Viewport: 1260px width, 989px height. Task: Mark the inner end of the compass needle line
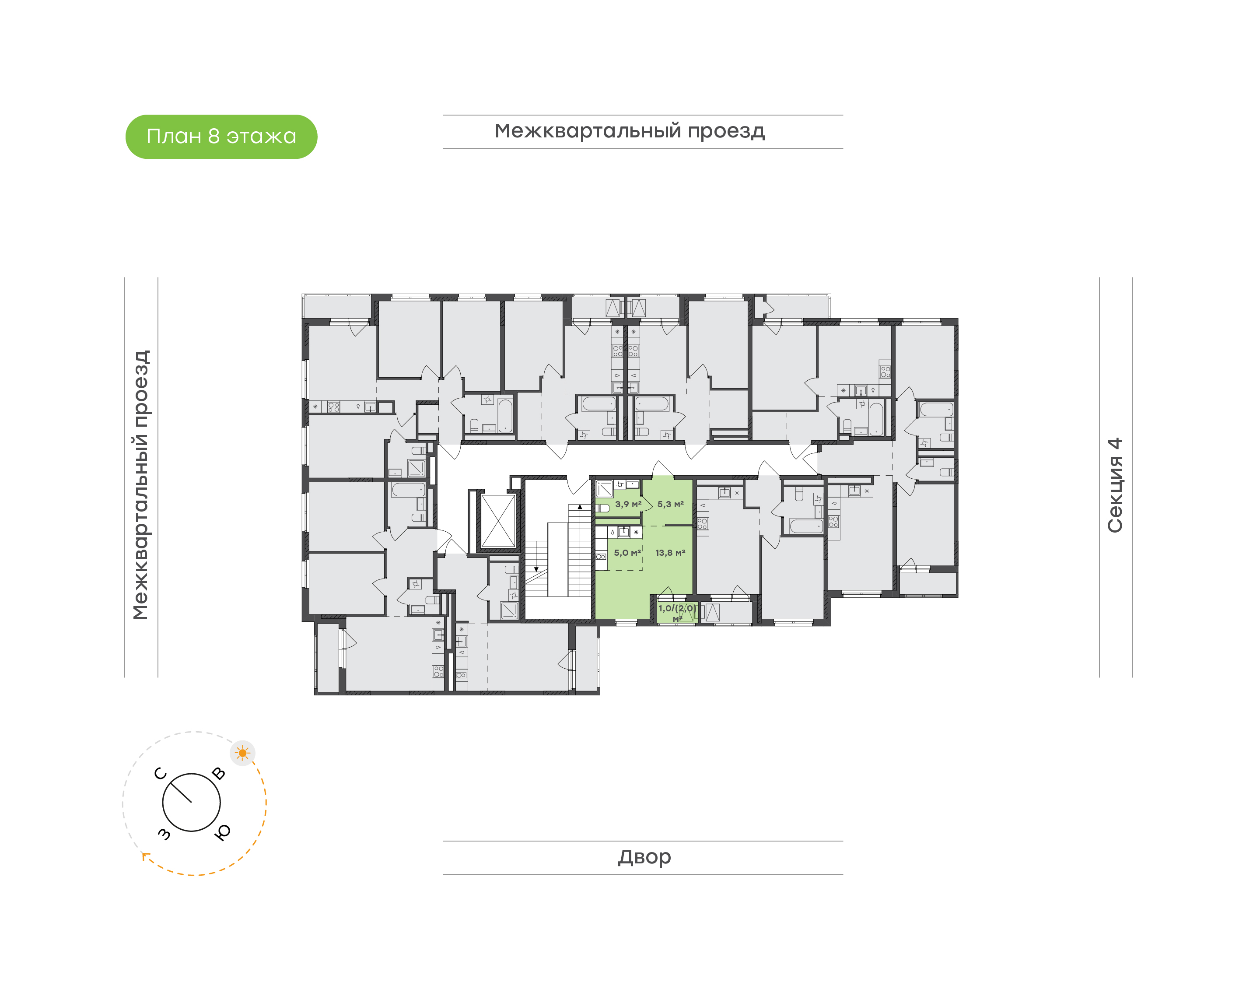[191, 802]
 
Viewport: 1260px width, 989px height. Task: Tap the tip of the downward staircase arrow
[536, 572]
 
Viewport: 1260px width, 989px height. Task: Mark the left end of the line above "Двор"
[443, 841]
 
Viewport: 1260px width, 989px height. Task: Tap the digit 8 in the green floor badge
[213, 136]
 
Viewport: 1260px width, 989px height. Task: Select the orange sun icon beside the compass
[242, 753]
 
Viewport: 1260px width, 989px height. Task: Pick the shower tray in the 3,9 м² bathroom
[605, 489]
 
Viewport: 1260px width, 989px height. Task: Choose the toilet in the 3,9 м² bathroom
[602, 509]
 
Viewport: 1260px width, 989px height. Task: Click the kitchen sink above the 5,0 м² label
[623, 532]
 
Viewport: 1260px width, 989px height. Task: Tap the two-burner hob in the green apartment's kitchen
[602, 557]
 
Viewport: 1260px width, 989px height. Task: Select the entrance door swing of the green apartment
[663, 470]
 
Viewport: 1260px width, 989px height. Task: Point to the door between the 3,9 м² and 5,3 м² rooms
[647, 504]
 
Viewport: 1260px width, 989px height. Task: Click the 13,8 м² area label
[670, 553]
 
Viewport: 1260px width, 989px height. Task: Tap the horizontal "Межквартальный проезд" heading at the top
[630, 131]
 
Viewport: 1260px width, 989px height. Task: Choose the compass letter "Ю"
[223, 832]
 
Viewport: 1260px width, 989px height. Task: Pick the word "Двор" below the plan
[644, 857]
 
